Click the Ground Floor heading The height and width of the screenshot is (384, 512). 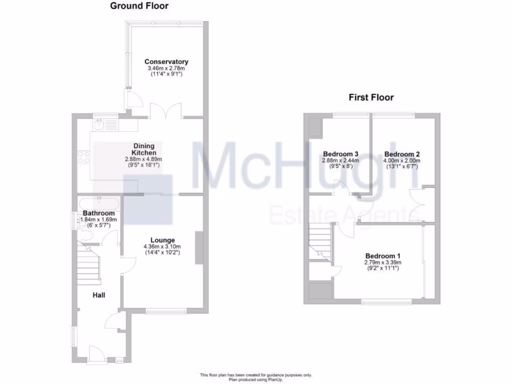139,6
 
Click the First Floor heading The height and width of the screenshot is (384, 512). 371,97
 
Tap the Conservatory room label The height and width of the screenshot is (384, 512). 166,62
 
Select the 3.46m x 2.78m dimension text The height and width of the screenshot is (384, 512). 166,68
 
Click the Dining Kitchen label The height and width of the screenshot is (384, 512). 144,149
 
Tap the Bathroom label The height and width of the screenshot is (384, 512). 98,213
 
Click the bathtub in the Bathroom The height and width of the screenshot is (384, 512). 98,203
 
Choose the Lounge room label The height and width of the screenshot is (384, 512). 161,239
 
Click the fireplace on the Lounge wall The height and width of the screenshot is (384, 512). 199,247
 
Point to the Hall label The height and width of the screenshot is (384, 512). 98,295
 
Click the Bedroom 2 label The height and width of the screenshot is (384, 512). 401,154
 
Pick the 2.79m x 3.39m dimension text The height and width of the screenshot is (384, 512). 382,262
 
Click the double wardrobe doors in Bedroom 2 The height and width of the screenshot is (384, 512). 416,204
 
